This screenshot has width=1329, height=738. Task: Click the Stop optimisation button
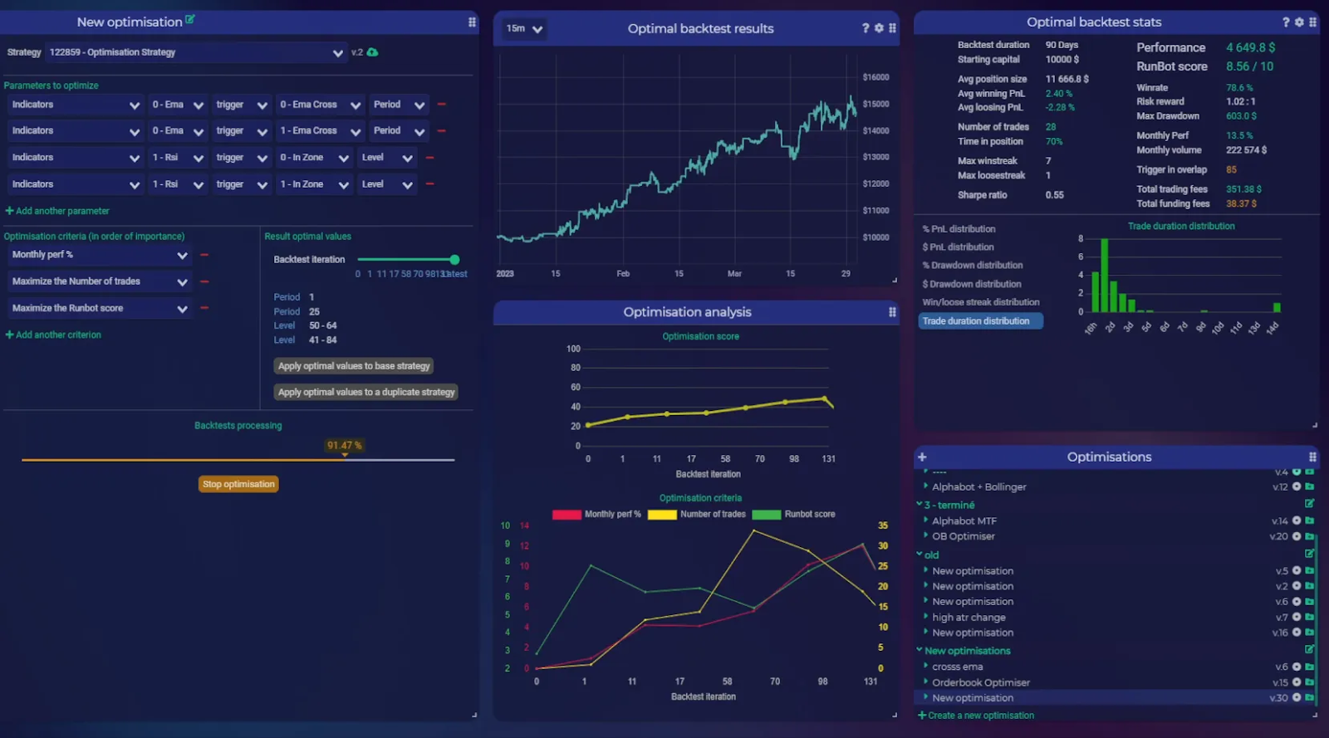[238, 484]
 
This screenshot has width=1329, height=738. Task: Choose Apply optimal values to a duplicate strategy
[366, 392]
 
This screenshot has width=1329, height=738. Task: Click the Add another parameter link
[57, 211]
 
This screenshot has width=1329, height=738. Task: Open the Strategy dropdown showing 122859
[195, 52]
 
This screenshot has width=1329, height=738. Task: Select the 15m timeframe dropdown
[524, 29]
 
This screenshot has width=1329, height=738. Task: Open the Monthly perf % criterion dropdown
[99, 255]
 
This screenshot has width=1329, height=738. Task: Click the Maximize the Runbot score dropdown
[99, 308]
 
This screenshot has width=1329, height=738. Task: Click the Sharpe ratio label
[982, 195]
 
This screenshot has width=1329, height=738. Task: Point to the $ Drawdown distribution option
[971, 284]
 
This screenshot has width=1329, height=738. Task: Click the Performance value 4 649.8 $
[1250, 47]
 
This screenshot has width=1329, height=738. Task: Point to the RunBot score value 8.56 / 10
[1249, 66]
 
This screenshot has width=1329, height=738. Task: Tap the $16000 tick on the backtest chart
[875, 77]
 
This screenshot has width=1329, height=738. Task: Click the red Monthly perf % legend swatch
[566, 515]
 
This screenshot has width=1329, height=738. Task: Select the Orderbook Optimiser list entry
[980, 682]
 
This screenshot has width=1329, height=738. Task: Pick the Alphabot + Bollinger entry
[978, 486]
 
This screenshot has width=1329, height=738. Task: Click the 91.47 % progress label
[344, 446]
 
